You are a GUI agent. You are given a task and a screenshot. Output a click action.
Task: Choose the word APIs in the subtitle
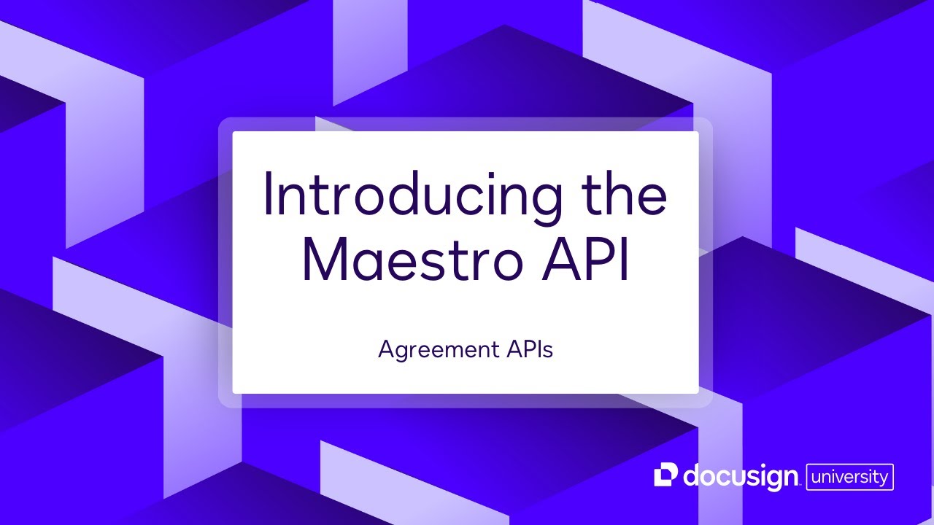(528, 349)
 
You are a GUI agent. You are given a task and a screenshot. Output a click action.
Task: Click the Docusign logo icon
(666, 475)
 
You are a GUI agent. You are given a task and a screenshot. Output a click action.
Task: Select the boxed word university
(849, 477)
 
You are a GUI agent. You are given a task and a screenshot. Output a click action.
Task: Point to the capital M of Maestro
(324, 259)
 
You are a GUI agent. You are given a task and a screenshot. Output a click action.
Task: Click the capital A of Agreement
(386, 349)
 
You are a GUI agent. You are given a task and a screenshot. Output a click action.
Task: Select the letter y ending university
(884, 479)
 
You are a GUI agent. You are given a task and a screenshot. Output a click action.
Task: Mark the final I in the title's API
(622, 259)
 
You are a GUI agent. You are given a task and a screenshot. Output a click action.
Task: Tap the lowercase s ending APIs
(548, 351)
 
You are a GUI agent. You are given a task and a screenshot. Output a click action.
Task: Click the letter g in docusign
(769, 481)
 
